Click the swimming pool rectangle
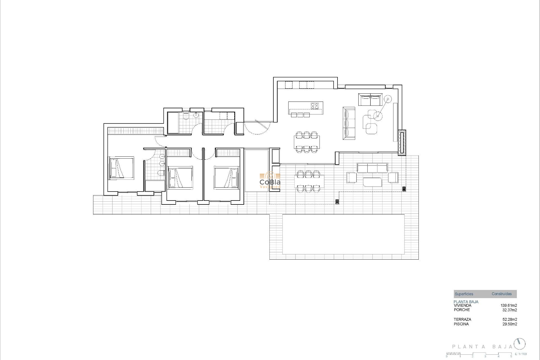tap(343, 234)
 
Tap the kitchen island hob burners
tap(315, 106)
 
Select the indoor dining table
tap(307, 142)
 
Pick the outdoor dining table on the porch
tap(309, 181)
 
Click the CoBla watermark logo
tap(270, 180)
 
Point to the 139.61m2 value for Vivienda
tap(508, 305)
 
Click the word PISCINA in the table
tap(461, 324)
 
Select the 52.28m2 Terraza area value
tap(510, 319)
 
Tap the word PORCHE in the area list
tap(462, 310)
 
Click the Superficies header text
tap(464, 294)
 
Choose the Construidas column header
tap(501, 294)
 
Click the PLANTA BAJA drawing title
tap(482, 347)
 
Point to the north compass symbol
tap(519, 343)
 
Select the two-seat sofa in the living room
tap(370, 100)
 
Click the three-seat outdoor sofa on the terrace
tap(372, 168)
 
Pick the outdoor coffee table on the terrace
tap(372, 182)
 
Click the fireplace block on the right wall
tap(402, 143)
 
